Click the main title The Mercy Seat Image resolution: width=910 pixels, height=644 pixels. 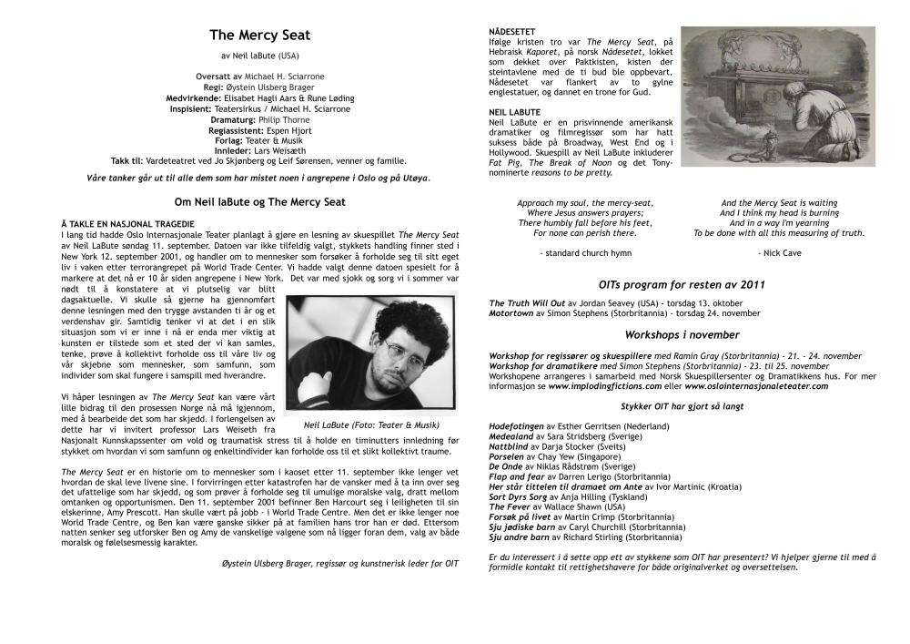point(259,36)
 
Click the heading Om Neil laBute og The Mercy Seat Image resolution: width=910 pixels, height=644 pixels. point(259,200)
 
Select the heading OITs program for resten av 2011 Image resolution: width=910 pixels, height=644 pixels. point(682,284)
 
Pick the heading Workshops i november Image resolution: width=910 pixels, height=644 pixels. point(682,334)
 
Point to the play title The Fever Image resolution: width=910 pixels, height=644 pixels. point(509,506)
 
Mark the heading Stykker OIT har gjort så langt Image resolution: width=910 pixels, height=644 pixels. point(682,407)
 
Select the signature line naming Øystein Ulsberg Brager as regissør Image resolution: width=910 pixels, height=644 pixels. point(340,564)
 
